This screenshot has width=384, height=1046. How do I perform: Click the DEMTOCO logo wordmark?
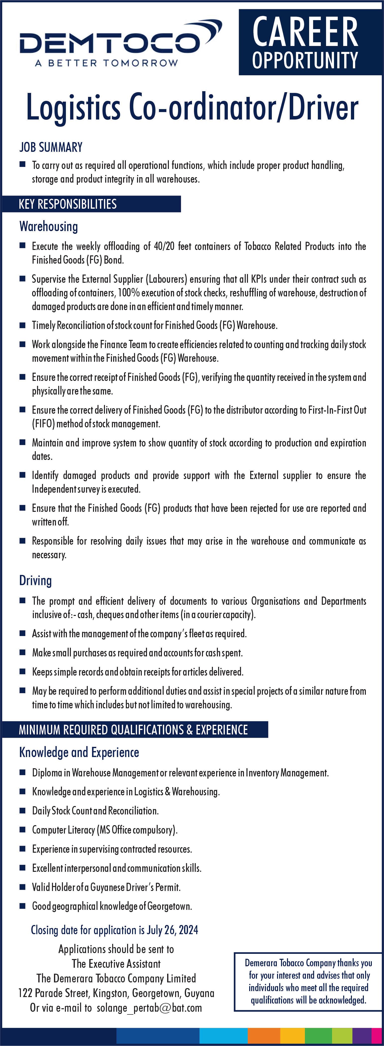pyautogui.click(x=110, y=43)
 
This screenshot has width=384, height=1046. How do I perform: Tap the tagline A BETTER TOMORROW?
pyautogui.click(x=106, y=63)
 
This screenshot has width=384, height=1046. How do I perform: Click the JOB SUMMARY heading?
pyautogui.click(x=51, y=147)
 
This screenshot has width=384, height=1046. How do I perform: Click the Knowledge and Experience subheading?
pyautogui.click(x=79, y=752)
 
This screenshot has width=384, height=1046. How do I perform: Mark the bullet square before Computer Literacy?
pyautogui.click(x=23, y=830)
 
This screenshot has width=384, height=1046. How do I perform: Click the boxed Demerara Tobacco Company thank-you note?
pyautogui.click(x=308, y=981)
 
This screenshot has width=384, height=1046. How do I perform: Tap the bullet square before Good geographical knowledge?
pyautogui.click(x=23, y=906)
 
